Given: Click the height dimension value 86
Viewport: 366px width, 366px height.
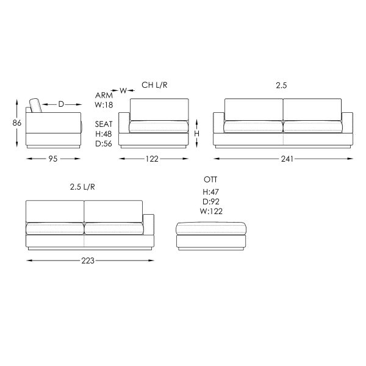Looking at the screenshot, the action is [x=17, y=123].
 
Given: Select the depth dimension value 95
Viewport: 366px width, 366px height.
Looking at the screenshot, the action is [x=53, y=159].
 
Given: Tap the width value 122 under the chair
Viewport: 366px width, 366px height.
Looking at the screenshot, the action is [x=152, y=159].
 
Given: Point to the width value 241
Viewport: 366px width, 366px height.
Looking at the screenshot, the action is [x=287, y=159].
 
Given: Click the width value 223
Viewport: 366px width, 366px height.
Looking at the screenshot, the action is [x=88, y=260].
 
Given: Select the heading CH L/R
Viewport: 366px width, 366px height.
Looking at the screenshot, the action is [x=154, y=85].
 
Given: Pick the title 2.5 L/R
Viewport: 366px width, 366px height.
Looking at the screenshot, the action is [x=82, y=187].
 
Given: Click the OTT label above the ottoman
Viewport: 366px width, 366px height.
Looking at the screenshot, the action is [x=210, y=179].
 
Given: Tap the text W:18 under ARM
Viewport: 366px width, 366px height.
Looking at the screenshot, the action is [x=104, y=105].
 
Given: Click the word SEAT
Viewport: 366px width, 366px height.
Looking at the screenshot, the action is [x=104, y=124].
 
